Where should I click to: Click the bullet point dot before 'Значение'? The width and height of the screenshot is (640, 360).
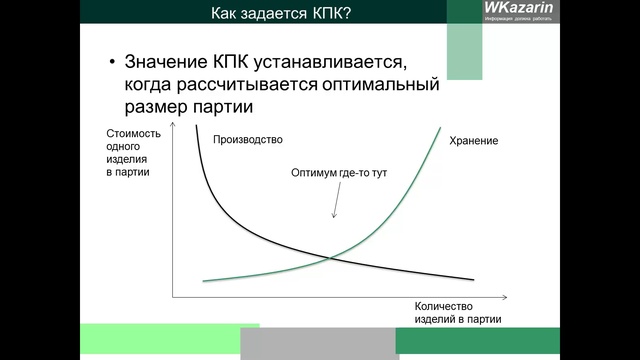pyautogui.click(x=113, y=62)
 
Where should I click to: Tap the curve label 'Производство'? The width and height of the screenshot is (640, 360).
pyautogui.click(x=249, y=139)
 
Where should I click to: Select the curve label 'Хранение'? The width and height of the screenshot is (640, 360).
pyautogui.click(x=474, y=141)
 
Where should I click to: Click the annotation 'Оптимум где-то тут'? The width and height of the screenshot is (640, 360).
pyautogui.click(x=339, y=173)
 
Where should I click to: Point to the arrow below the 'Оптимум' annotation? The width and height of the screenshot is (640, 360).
pyautogui.click(x=335, y=203)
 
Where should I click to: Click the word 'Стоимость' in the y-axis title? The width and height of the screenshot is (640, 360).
pyautogui.click(x=131, y=133)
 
